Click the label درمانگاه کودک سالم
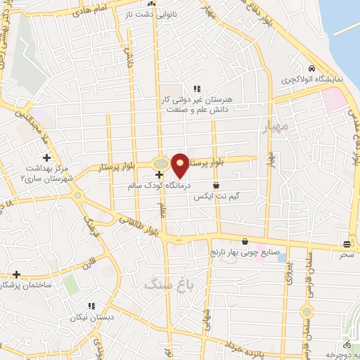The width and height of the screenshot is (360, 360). (x=161, y=186)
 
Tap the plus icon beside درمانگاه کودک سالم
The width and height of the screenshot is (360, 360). (x=160, y=172)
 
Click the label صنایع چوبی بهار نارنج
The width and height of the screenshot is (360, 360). (x=245, y=252)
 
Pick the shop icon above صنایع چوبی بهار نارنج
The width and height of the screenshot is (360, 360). (x=244, y=240)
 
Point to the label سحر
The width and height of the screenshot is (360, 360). (x=347, y=255)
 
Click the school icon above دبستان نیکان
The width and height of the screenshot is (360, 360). (x=91, y=305)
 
